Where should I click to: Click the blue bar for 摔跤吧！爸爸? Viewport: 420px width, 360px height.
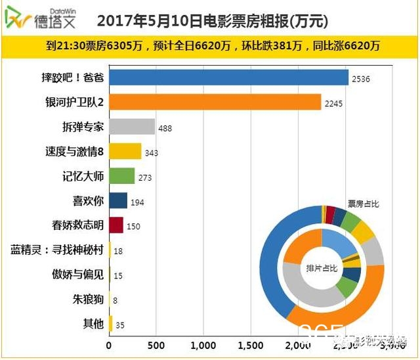228,78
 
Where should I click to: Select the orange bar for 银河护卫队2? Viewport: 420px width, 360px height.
215,102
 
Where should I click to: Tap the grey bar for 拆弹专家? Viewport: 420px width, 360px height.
132,127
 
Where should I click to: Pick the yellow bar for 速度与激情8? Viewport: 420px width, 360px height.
125,152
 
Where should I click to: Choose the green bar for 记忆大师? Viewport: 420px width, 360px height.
121,176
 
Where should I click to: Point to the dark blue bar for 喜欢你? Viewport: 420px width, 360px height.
118,200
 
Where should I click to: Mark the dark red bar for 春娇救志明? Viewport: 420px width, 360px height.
116,225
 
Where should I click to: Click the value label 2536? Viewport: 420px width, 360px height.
361,79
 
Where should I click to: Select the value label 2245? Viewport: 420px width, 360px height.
334,103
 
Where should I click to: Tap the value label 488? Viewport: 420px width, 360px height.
165,128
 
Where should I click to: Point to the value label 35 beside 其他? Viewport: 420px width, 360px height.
119,324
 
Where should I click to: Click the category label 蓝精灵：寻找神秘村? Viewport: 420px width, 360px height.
58,250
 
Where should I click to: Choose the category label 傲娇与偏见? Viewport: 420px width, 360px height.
78,274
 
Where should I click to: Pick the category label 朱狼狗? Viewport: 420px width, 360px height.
88,299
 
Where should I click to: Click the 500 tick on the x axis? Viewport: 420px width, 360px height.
156,346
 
